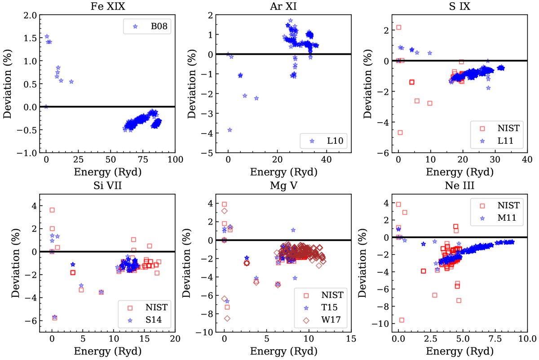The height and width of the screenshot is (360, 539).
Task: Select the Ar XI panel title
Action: click(287, 6)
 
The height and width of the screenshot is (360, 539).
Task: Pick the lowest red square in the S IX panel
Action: click(400, 133)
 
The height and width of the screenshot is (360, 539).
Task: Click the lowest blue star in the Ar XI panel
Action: click(230, 130)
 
